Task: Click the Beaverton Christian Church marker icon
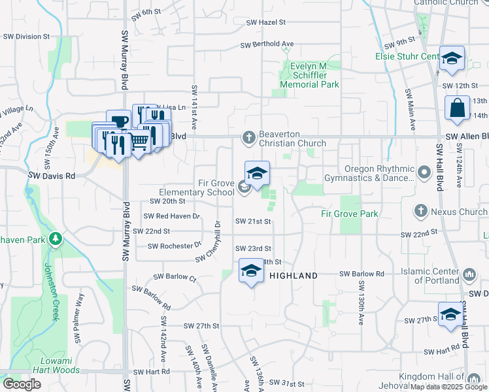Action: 248,138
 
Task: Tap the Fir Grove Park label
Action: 350,214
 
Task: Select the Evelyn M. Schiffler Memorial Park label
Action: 309,75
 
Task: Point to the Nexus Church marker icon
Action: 421,211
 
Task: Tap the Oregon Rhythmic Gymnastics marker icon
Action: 424,173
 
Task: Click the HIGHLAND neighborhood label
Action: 294,276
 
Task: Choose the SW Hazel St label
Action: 266,22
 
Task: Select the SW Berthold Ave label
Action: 267,45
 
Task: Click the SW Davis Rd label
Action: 52,176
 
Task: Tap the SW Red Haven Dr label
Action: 171,216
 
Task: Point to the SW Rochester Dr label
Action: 174,246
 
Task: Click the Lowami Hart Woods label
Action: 50,365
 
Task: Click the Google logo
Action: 22,384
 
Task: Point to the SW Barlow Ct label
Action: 175,277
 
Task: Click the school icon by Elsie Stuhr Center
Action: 451,59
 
